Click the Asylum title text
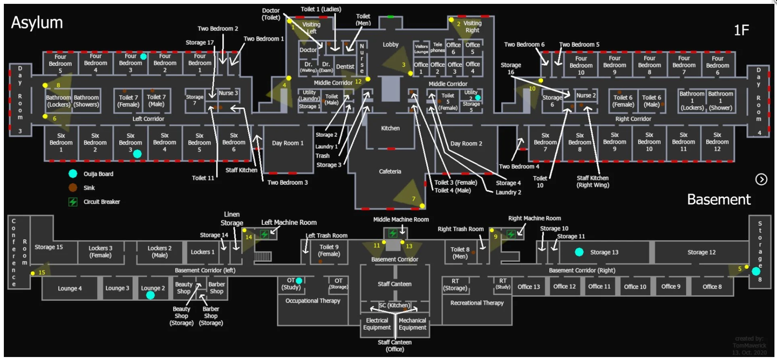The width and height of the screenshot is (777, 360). coord(37,23)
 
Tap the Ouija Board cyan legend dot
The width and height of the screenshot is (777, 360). coord(73,174)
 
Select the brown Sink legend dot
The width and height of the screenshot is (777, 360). coord(73,188)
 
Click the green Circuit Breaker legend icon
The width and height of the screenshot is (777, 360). coord(73,202)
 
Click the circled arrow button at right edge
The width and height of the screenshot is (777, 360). coord(761,180)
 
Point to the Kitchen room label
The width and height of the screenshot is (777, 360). coord(390,128)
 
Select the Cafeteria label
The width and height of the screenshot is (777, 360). coord(390,171)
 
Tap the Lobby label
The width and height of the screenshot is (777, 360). coord(390,44)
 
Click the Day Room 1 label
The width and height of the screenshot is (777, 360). coord(288,143)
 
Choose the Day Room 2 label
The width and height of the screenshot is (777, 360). coord(466,144)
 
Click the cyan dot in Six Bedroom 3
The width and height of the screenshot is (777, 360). coord(137,154)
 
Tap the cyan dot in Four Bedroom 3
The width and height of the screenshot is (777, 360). coord(144,56)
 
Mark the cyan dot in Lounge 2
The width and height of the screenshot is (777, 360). coord(151,295)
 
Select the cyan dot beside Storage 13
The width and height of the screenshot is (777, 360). coord(579,252)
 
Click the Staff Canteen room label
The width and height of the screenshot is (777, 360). coord(394,284)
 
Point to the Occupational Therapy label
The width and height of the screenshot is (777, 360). coord(313,301)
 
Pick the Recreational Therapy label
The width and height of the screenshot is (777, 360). coord(477,303)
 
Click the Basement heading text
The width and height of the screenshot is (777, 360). coord(719,200)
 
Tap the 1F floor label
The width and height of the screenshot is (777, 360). coord(741,30)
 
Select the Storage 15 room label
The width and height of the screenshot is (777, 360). coord(49,247)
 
